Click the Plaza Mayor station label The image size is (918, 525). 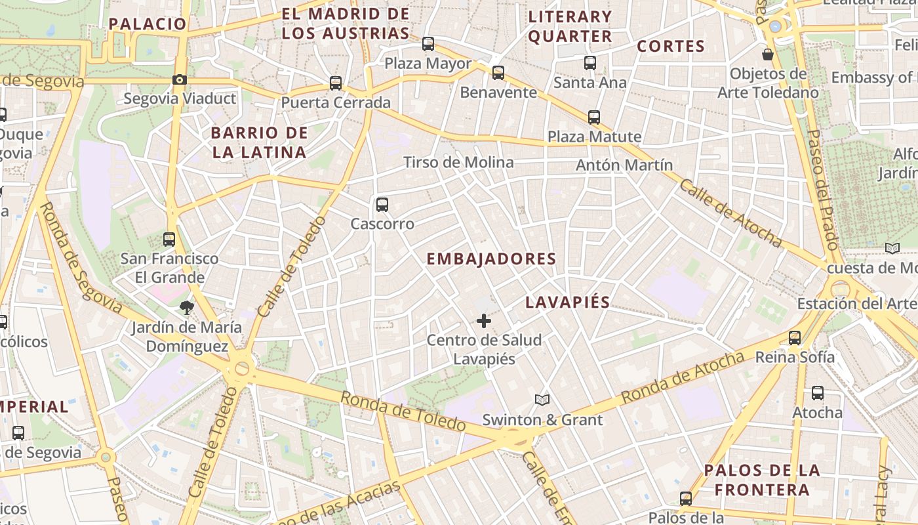coord(428,64)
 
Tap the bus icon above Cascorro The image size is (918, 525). coord(382,204)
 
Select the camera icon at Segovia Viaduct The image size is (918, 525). coord(179,80)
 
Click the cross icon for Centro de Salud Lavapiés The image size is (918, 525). coord(484,321)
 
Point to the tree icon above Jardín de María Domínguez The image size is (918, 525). coord(187,307)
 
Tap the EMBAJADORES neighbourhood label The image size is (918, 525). coord(491,259)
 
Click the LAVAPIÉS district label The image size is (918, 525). coord(568,303)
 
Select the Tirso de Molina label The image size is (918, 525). coord(458,162)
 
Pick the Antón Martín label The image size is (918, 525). coord(624,165)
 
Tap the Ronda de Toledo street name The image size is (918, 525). coord(403,411)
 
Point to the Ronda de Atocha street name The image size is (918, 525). coord(683,377)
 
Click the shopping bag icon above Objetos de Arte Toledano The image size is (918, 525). coord(768,54)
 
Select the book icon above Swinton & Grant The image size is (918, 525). coord(542,400)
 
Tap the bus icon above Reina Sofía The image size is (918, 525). coord(795,338)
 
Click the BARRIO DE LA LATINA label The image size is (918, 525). coord(259,142)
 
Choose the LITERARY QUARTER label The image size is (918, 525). coord(570,26)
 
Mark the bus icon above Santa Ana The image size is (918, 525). coord(590,63)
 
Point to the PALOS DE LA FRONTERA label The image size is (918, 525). coord(762,480)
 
